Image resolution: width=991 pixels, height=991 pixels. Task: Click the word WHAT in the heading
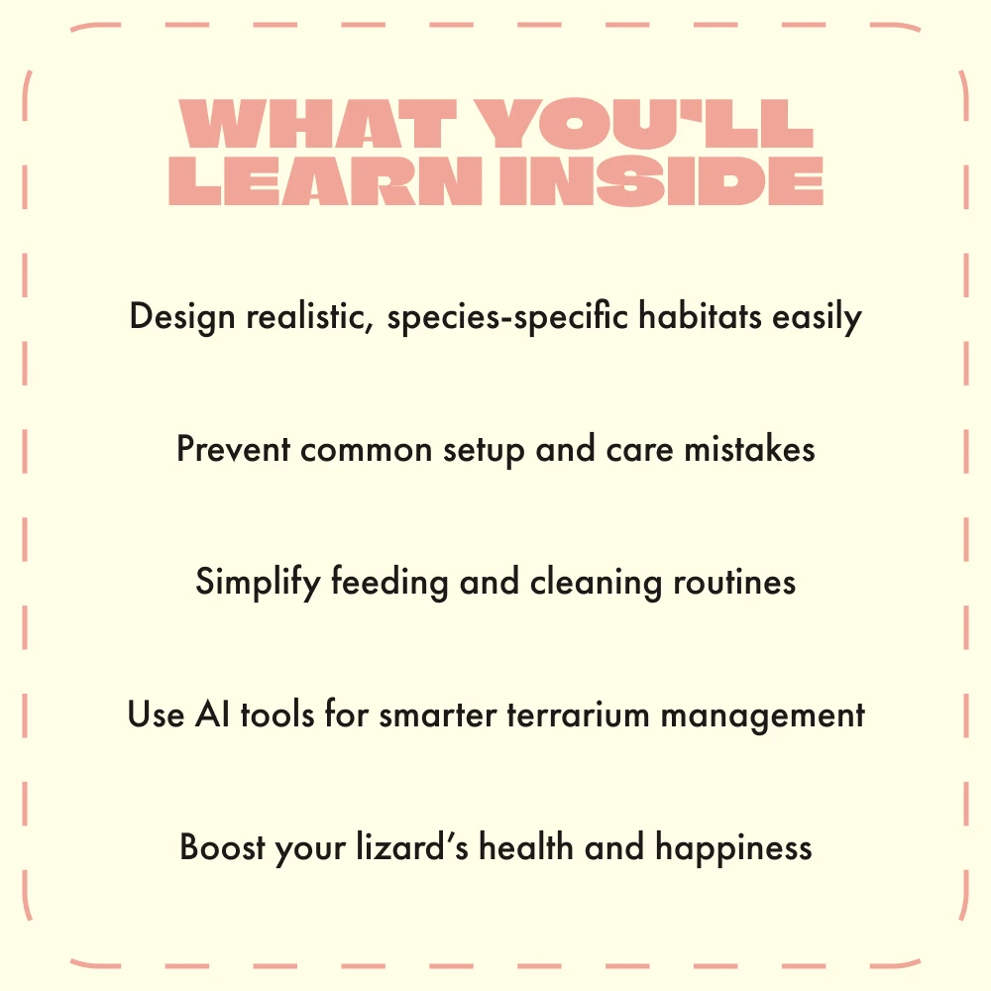point(317,123)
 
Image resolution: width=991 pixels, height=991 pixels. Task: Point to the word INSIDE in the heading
point(662,180)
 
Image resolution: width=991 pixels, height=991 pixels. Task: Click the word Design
point(182,317)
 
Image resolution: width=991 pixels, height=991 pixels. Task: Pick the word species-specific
point(507,317)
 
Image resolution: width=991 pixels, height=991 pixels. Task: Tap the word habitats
point(700,315)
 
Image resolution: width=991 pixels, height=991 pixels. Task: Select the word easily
point(817,317)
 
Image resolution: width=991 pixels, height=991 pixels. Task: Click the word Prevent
point(233,449)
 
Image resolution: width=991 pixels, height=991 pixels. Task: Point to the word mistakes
point(749,448)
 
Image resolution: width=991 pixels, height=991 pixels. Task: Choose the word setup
point(484,451)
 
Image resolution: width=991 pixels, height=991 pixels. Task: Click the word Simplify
point(258,582)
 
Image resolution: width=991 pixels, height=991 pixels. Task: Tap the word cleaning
point(596,582)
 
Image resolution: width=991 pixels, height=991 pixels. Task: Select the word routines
point(733,582)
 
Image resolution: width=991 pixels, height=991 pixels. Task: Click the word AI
point(212,715)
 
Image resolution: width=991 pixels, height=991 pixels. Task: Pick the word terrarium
point(579,715)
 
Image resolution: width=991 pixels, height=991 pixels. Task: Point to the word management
point(762,716)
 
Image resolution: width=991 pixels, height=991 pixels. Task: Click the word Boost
point(222,847)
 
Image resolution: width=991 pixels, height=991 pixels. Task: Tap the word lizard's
point(412,846)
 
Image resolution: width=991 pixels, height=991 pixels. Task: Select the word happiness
point(733,848)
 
